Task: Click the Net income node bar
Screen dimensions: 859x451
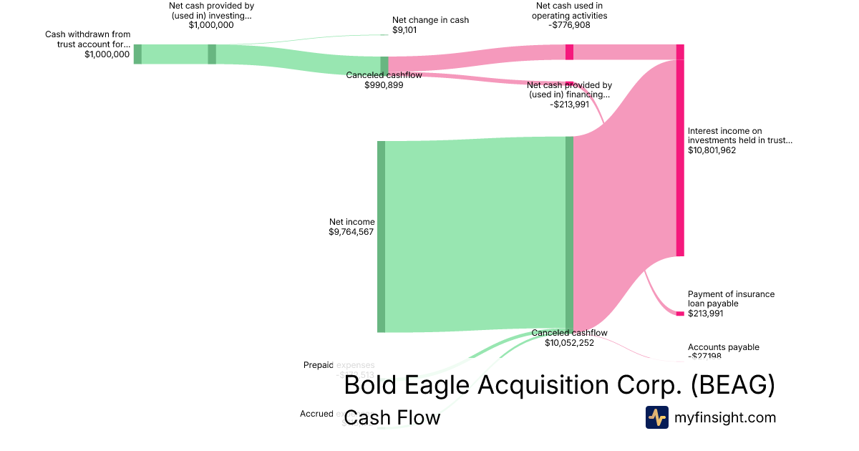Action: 381,236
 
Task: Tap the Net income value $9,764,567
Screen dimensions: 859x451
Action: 351,232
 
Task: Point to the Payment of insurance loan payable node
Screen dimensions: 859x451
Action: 680,314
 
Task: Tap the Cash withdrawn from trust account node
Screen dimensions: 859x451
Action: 137,54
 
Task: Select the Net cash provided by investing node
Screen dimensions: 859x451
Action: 212,54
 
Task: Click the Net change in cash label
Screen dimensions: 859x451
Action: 430,20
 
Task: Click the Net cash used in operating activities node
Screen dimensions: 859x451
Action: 570,52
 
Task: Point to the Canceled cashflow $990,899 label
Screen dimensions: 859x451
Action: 384,79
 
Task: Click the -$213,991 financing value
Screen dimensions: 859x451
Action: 570,105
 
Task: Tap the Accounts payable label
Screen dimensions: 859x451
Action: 723,347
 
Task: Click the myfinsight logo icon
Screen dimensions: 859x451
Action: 657,417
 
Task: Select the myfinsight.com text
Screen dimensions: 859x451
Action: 725,417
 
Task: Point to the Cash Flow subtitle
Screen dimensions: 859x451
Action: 392,417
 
